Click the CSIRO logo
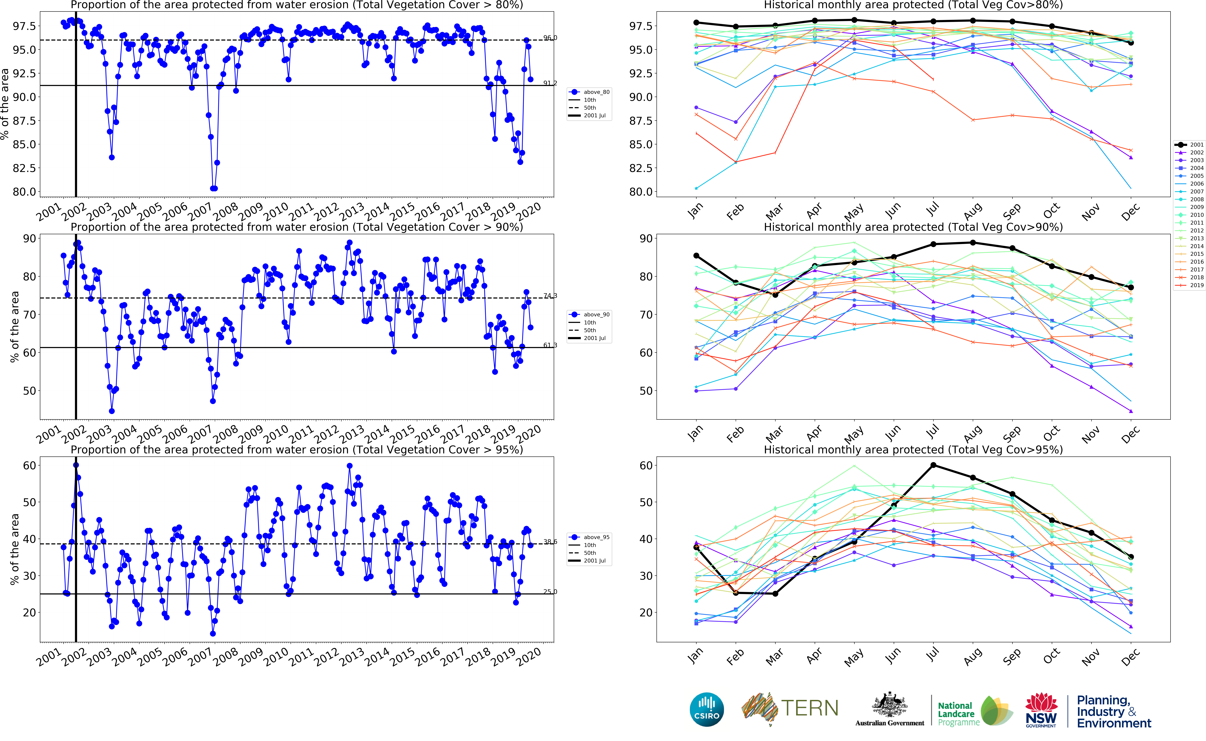coord(706,709)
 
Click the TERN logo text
coord(809,708)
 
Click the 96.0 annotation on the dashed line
coord(550,38)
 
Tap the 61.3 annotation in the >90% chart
coord(550,345)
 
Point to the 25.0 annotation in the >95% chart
coord(550,591)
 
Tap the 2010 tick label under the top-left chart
coord(276,212)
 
